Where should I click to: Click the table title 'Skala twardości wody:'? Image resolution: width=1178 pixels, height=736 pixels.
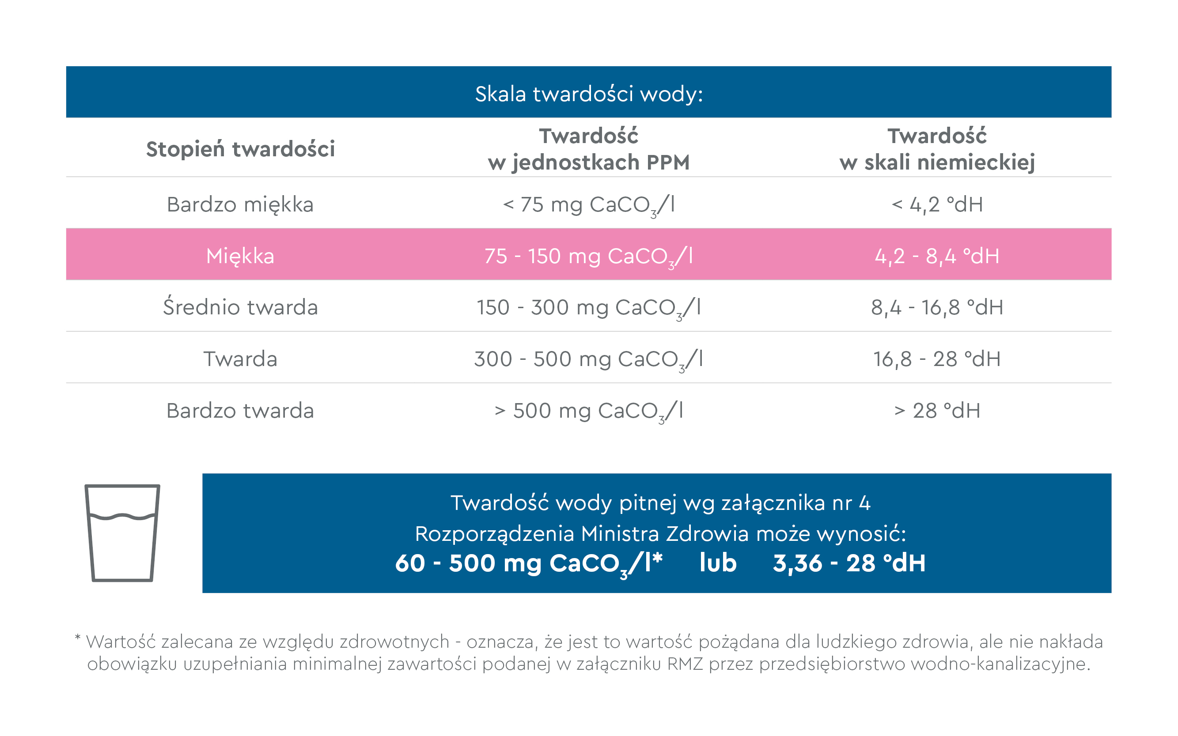[589, 94]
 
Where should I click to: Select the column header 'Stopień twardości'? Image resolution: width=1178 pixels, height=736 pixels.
[240, 149]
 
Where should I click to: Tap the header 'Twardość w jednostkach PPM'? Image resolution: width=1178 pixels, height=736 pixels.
[589, 149]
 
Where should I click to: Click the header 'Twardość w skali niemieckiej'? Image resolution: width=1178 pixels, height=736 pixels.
[936, 149]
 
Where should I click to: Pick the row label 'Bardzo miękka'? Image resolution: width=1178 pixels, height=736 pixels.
[240, 204]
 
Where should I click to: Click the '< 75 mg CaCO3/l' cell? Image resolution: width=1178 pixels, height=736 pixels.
[589, 204]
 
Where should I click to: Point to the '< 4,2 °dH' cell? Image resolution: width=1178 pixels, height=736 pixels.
[936, 204]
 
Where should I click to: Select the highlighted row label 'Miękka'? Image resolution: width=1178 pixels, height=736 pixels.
[240, 256]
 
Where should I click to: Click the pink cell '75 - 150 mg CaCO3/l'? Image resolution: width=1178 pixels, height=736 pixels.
[589, 256]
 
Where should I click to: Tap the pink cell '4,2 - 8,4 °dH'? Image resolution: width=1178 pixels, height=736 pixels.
[936, 256]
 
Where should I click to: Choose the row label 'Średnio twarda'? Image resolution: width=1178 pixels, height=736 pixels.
[240, 308]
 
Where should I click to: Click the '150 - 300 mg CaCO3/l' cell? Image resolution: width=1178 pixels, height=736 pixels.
[589, 308]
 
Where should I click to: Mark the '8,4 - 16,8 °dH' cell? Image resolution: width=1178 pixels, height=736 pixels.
[936, 308]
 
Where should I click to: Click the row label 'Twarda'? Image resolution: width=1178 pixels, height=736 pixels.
[240, 359]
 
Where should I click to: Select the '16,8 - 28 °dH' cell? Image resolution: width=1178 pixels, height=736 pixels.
[936, 359]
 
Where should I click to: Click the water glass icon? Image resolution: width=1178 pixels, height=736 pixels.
[122, 532]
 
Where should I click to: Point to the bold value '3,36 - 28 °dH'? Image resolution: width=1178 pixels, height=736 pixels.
[849, 563]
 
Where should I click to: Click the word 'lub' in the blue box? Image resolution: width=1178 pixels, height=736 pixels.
[718, 563]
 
